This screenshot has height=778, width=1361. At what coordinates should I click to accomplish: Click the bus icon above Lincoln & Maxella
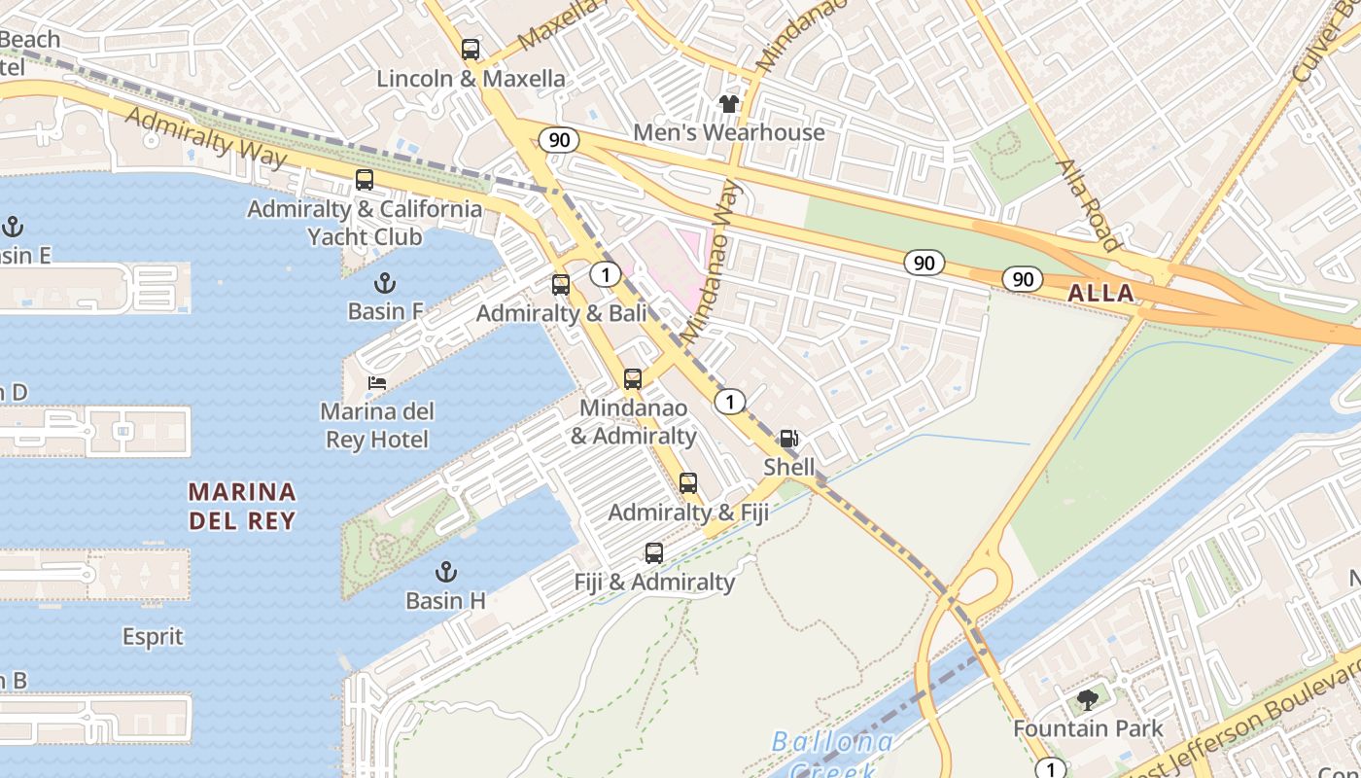(x=471, y=50)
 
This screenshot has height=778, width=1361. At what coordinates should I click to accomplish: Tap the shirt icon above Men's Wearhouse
(x=729, y=103)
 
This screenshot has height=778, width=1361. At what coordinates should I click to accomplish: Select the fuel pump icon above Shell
(x=788, y=439)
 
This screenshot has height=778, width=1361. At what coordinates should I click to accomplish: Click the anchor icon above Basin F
(x=386, y=283)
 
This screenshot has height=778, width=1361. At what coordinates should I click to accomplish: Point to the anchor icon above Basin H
(x=446, y=571)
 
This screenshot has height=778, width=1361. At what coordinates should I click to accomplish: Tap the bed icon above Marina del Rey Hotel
(x=377, y=383)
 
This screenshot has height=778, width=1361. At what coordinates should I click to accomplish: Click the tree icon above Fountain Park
(x=1088, y=699)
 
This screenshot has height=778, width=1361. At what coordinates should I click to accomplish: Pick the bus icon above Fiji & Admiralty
(x=654, y=553)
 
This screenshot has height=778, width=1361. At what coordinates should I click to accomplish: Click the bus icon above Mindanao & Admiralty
(x=633, y=379)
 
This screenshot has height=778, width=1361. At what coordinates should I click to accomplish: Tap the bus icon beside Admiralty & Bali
(x=561, y=285)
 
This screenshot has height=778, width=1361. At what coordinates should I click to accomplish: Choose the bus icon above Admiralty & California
(x=365, y=180)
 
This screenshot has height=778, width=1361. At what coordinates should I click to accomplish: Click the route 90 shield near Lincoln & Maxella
(x=559, y=140)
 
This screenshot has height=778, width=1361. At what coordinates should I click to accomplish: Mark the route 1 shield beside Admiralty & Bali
(x=606, y=275)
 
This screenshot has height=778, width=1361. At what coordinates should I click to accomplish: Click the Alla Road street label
(x=1089, y=205)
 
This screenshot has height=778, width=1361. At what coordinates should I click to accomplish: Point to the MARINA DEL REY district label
(x=242, y=506)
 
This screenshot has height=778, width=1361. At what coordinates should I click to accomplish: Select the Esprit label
(x=153, y=637)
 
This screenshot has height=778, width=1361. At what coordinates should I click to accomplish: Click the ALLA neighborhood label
(x=1100, y=293)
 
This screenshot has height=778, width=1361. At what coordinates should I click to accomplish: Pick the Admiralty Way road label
(x=206, y=136)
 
